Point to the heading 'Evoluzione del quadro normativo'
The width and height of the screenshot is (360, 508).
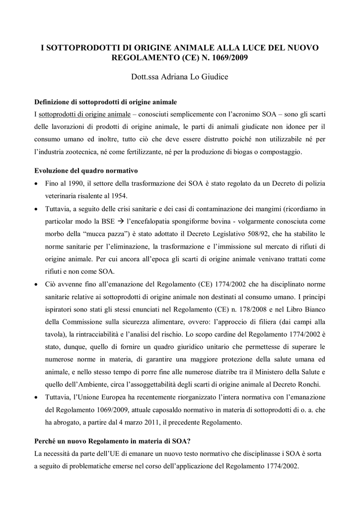click(x=86, y=171)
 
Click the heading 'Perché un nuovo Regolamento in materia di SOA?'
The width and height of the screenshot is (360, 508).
click(x=114, y=441)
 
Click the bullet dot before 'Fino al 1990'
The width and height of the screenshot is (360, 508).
click(x=37, y=184)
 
